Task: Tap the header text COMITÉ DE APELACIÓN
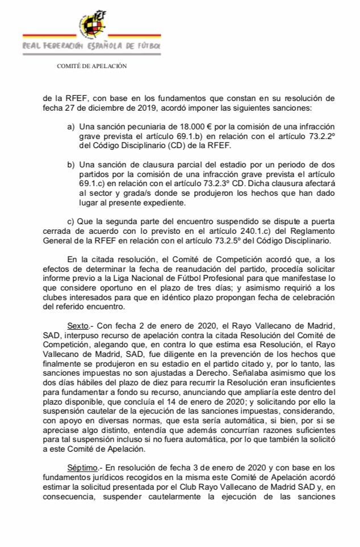point(91,66)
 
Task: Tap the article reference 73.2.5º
point(216,242)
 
